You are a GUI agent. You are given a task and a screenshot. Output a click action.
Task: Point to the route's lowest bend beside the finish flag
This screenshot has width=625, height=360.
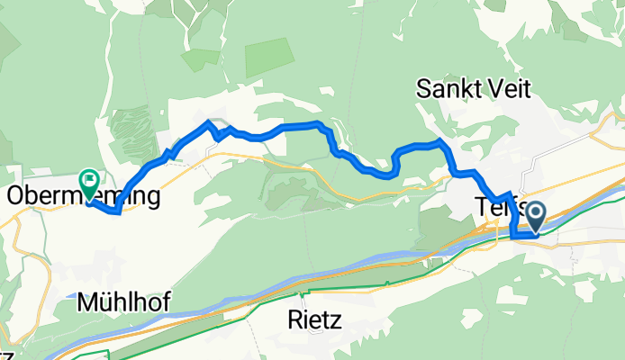click(x=117, y=212)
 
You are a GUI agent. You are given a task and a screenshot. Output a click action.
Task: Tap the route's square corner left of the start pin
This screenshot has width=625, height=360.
click(x=512, y=235)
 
